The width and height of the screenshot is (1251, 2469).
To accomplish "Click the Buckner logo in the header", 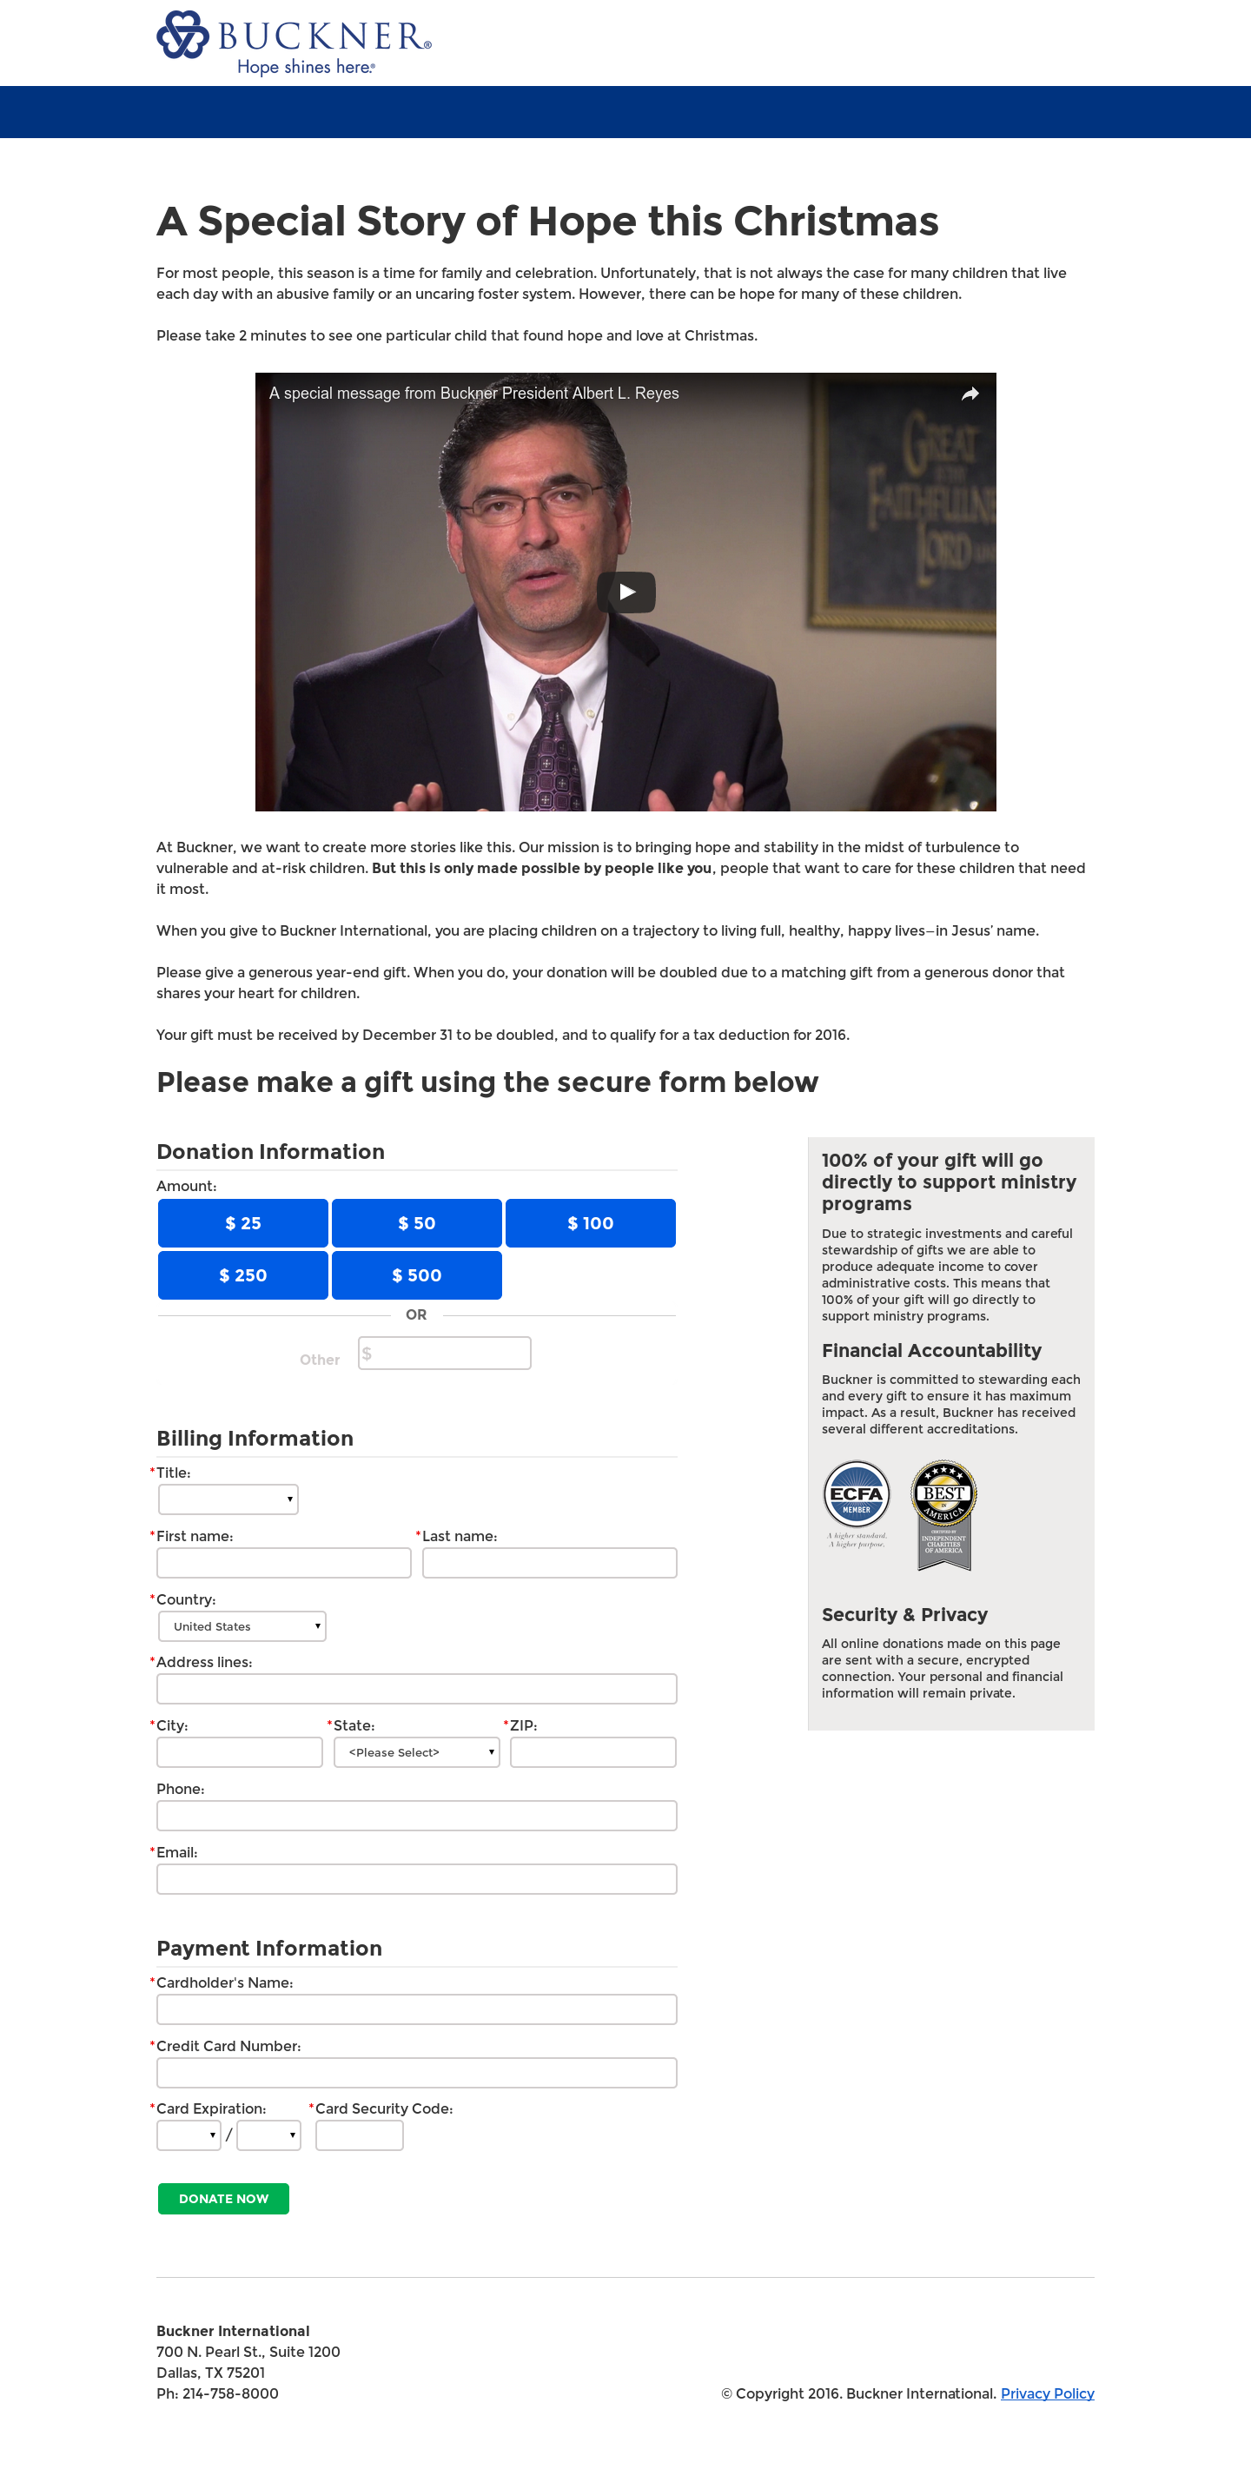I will click(x=294, y=43).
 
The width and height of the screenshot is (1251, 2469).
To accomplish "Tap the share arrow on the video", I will click(x=970, y=394).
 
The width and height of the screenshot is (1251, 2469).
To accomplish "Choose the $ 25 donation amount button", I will click(x=242, y=1223).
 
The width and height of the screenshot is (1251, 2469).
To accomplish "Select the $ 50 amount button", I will click(x=416, y=1223).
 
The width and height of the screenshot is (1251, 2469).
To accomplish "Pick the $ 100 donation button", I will click(x=590, y=1223).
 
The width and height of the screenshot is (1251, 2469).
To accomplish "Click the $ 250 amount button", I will click(x=242, y=1274).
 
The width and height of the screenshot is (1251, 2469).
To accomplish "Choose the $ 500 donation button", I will click(x=416, y=1274).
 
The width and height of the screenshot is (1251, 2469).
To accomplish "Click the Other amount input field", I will click(x=445, y=1354).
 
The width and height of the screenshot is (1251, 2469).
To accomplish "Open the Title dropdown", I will click(x=228, y=1499).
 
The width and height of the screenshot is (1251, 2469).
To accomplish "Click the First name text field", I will click(x=284, y=1562).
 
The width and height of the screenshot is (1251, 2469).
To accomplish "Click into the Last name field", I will click(x=549, y=1562).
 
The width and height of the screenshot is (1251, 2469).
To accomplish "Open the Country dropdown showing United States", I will click(x=242, y=1626).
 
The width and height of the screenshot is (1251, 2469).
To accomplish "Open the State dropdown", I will click(x=416, y=1752).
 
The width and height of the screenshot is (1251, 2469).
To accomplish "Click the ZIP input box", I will click(x=592, y=1752).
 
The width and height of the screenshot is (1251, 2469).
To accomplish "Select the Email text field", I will click(x=416, y=1878).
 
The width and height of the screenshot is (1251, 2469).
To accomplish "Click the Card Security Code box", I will click(x=360, y=2135).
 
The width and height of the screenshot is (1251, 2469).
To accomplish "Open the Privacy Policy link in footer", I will click(x=1047, y=2393).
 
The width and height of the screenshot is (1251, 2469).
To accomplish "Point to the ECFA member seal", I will click(x=856, y=1496).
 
